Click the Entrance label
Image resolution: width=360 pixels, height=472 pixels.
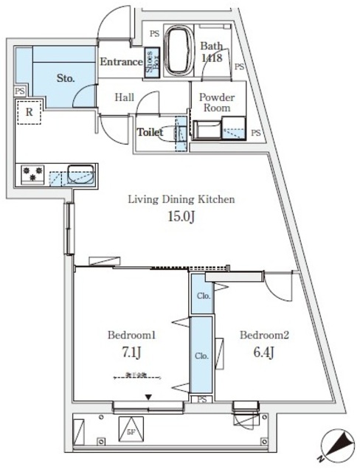(x=121, y=63)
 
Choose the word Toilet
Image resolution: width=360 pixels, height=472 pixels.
(x=150, y=133)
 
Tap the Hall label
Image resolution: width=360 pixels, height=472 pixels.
(x=124, y=97)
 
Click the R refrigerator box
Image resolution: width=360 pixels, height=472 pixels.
(x=28, y=113)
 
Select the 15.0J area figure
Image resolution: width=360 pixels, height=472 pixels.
(x=181, y=218)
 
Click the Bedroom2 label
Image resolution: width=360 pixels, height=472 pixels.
(x=263, y=334)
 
